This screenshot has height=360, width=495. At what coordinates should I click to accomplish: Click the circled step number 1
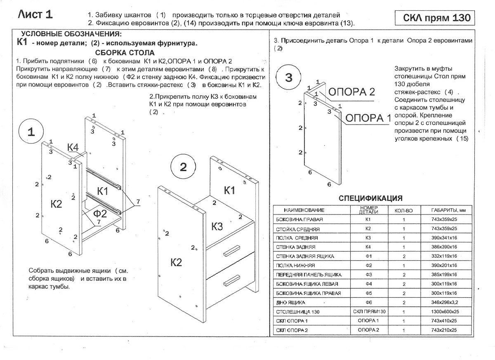31,132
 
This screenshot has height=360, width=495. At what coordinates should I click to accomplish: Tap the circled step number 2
183,167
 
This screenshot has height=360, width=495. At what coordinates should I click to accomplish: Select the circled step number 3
289,78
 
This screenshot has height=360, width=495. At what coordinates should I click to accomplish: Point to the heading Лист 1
35,14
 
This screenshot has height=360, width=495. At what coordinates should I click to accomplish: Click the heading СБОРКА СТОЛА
125,53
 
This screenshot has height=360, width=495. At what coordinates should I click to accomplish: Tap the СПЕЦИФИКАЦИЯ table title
370,198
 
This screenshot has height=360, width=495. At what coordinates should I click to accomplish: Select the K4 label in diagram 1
73,147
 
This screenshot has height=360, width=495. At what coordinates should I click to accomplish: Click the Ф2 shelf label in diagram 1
100,213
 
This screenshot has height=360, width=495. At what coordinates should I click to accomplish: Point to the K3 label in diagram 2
217,226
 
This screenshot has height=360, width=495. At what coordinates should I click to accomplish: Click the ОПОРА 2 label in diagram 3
351,92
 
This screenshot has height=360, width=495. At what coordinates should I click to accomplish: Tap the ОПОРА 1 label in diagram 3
368,118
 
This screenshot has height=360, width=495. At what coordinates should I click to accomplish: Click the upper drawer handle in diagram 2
231,251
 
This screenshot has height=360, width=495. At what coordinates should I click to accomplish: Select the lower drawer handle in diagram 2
231,280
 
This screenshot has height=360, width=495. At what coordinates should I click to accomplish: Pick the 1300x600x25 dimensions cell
445,312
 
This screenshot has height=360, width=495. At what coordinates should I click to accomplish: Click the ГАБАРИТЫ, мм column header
448,210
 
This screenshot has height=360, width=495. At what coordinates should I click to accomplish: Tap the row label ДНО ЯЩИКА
290,303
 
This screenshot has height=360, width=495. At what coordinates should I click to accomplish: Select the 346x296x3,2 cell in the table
445,302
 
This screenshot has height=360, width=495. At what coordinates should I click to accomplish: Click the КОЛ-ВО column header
403,211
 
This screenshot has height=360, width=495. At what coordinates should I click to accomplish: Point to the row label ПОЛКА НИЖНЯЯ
295,266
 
